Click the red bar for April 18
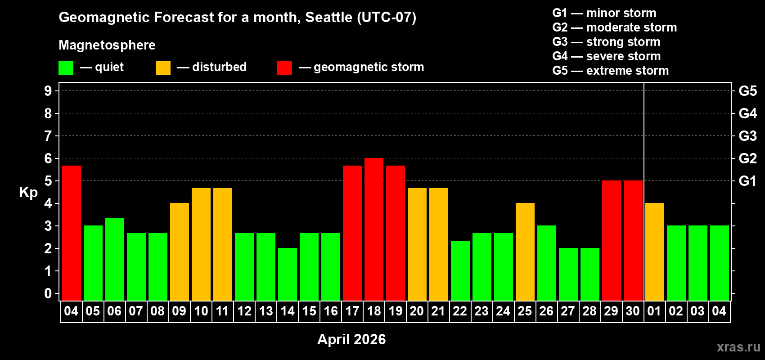[374, 229]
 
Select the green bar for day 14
[288, 274]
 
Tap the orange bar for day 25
[525, 252]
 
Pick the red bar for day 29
[612, 240]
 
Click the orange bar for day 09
[180, 252]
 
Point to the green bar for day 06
[115, 259]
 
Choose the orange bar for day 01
[655, 252]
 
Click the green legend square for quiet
[66, 68]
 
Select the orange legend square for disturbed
[163, 68]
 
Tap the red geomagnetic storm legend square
[285, 68]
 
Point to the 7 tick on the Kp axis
[48, 136]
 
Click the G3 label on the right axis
[747, 136]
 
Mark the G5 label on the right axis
[747, 91]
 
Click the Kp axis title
[28, 192]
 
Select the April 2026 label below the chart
[351, 339]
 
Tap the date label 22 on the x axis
[460, 311]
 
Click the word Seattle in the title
[329, 17]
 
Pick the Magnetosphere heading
[107, 45]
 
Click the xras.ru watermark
[738, 347]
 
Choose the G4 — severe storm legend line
[607, 56]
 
